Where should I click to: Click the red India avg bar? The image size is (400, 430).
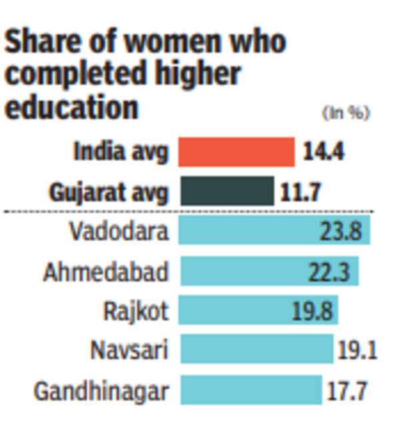(x=236, y=152)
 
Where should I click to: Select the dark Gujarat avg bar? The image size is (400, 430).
(x=226, y=192)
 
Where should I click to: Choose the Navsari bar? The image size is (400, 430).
(x=256, y=349)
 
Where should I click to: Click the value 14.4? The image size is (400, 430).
(x=323, y=152)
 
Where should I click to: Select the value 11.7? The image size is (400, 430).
(x=301, y=193)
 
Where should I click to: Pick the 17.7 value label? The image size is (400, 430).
(x=346, y=391)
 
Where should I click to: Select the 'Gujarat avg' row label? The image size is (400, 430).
(x=109, y=193)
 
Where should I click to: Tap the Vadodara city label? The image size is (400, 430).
(x=119, y=232)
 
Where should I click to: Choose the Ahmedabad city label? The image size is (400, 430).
(x=105, y=272)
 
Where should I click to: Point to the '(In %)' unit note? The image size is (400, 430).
(x=345, y=113)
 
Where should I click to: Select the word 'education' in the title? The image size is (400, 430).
(x=71, y=107)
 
